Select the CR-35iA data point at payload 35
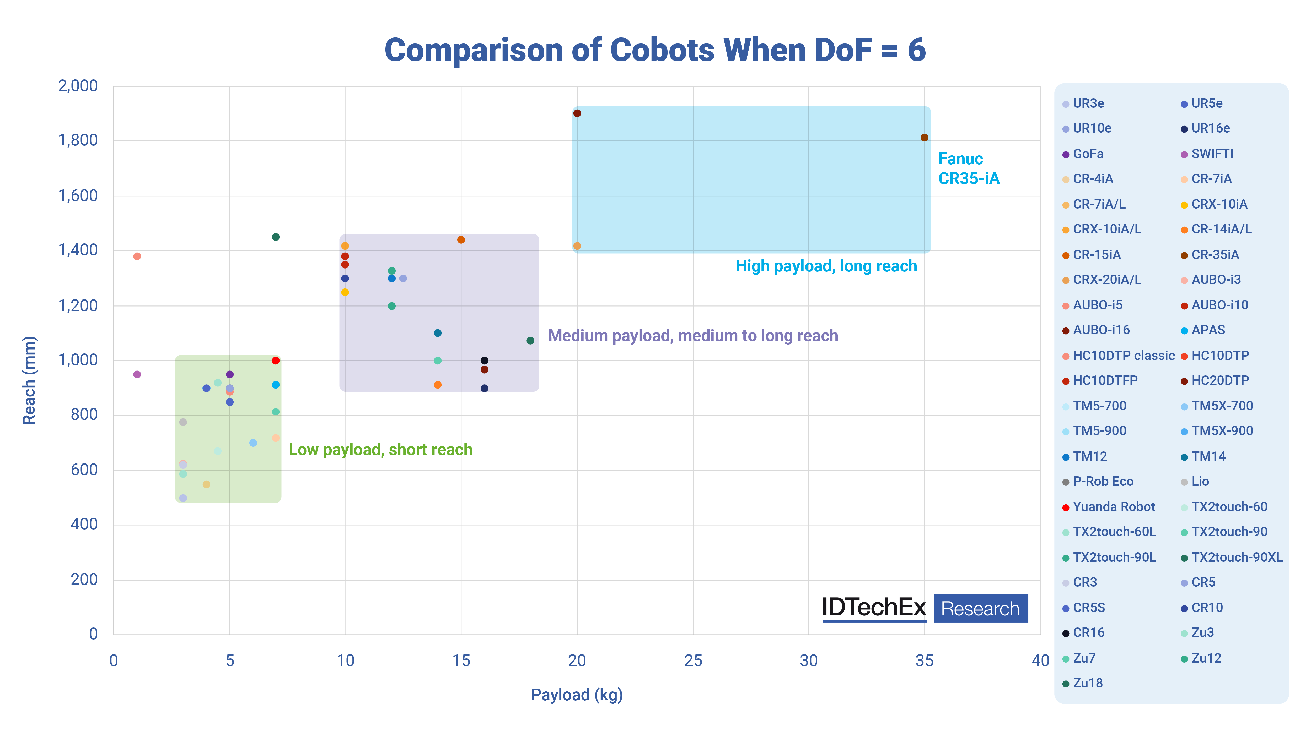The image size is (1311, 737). point(924,137)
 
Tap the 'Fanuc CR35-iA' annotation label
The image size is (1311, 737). point(969,168)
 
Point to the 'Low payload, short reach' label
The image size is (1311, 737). point(380,450)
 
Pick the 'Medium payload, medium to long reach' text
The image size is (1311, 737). point(693,336)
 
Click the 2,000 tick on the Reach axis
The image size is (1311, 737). point(78,86)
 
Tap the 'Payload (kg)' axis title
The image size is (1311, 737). point(577,695)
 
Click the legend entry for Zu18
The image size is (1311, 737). point(1087,683)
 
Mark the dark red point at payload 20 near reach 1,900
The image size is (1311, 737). point(577,113)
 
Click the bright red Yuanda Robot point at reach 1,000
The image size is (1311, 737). point(275,361)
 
